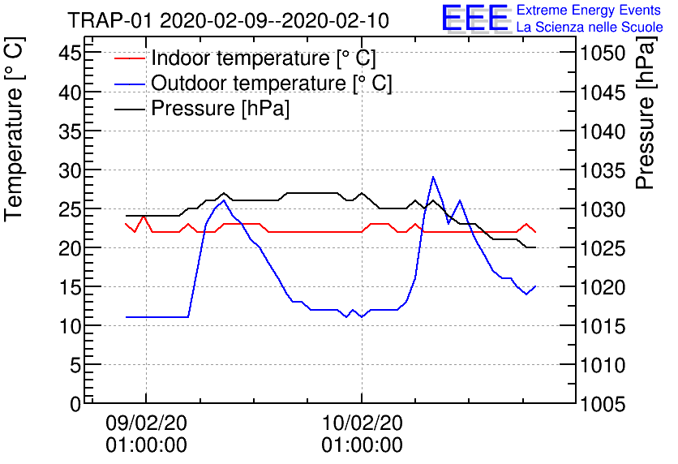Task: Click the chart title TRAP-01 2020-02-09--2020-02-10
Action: [x=227, y=19]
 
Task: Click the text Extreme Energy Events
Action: [x=589, y=11]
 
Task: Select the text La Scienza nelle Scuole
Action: [x=590, y=27]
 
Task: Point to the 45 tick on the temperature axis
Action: [x=71, y=54]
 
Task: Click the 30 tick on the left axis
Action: [x=71, y=170]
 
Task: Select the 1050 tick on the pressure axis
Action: [x=602, y=54]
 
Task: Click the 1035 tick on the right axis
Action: [x=602, y=170]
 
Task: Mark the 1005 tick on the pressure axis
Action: [x=602, y=403]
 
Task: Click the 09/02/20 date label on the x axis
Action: [x=146, y=423]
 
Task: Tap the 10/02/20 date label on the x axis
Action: [x=362, y=423]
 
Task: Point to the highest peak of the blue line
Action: [x=433, y=177]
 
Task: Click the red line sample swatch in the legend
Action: [x=128, y=58]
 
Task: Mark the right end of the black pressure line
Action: [x=535, y=247]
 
